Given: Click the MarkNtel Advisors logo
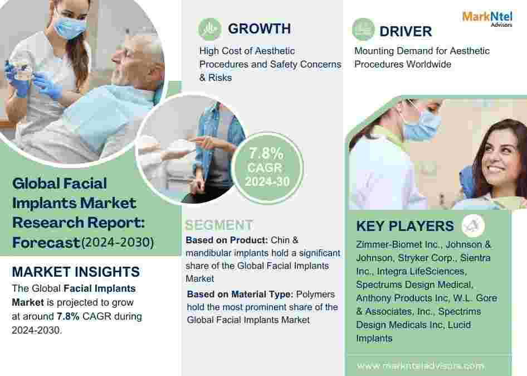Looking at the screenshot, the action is tap(487, 18).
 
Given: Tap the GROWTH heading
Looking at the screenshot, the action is tap(259, 28).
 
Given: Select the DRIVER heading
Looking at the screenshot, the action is tap(406, 31).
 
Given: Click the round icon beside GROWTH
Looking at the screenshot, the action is tap(209, 29).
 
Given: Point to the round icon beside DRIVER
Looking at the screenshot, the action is tap(363, 29).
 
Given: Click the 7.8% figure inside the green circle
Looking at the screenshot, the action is tap(266, 153).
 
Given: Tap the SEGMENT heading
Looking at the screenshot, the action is tap(219, 225).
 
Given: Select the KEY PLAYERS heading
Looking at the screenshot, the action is tap(405, 226).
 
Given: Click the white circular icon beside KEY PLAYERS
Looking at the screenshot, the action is tap(473, 225).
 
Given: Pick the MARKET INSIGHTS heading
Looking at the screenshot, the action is tap(76, 272).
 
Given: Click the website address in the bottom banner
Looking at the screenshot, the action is tap(421, 365).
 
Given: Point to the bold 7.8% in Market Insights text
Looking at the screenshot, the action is tap(68, 316).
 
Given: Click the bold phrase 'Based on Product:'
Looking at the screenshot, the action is tap(227, 240).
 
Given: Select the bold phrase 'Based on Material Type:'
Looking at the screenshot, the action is tap(240, 294).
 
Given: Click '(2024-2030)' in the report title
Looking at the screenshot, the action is tap(118, 242).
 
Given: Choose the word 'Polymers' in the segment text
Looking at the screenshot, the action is tap(315, 294).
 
